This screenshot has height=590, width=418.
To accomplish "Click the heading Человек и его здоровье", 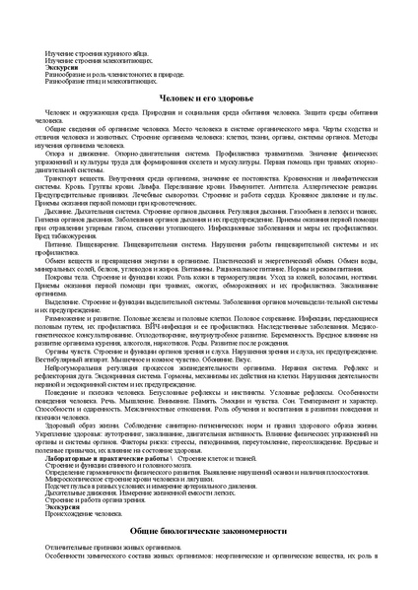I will pos(208,99).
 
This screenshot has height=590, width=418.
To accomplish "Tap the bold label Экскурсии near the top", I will pos(63,68).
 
